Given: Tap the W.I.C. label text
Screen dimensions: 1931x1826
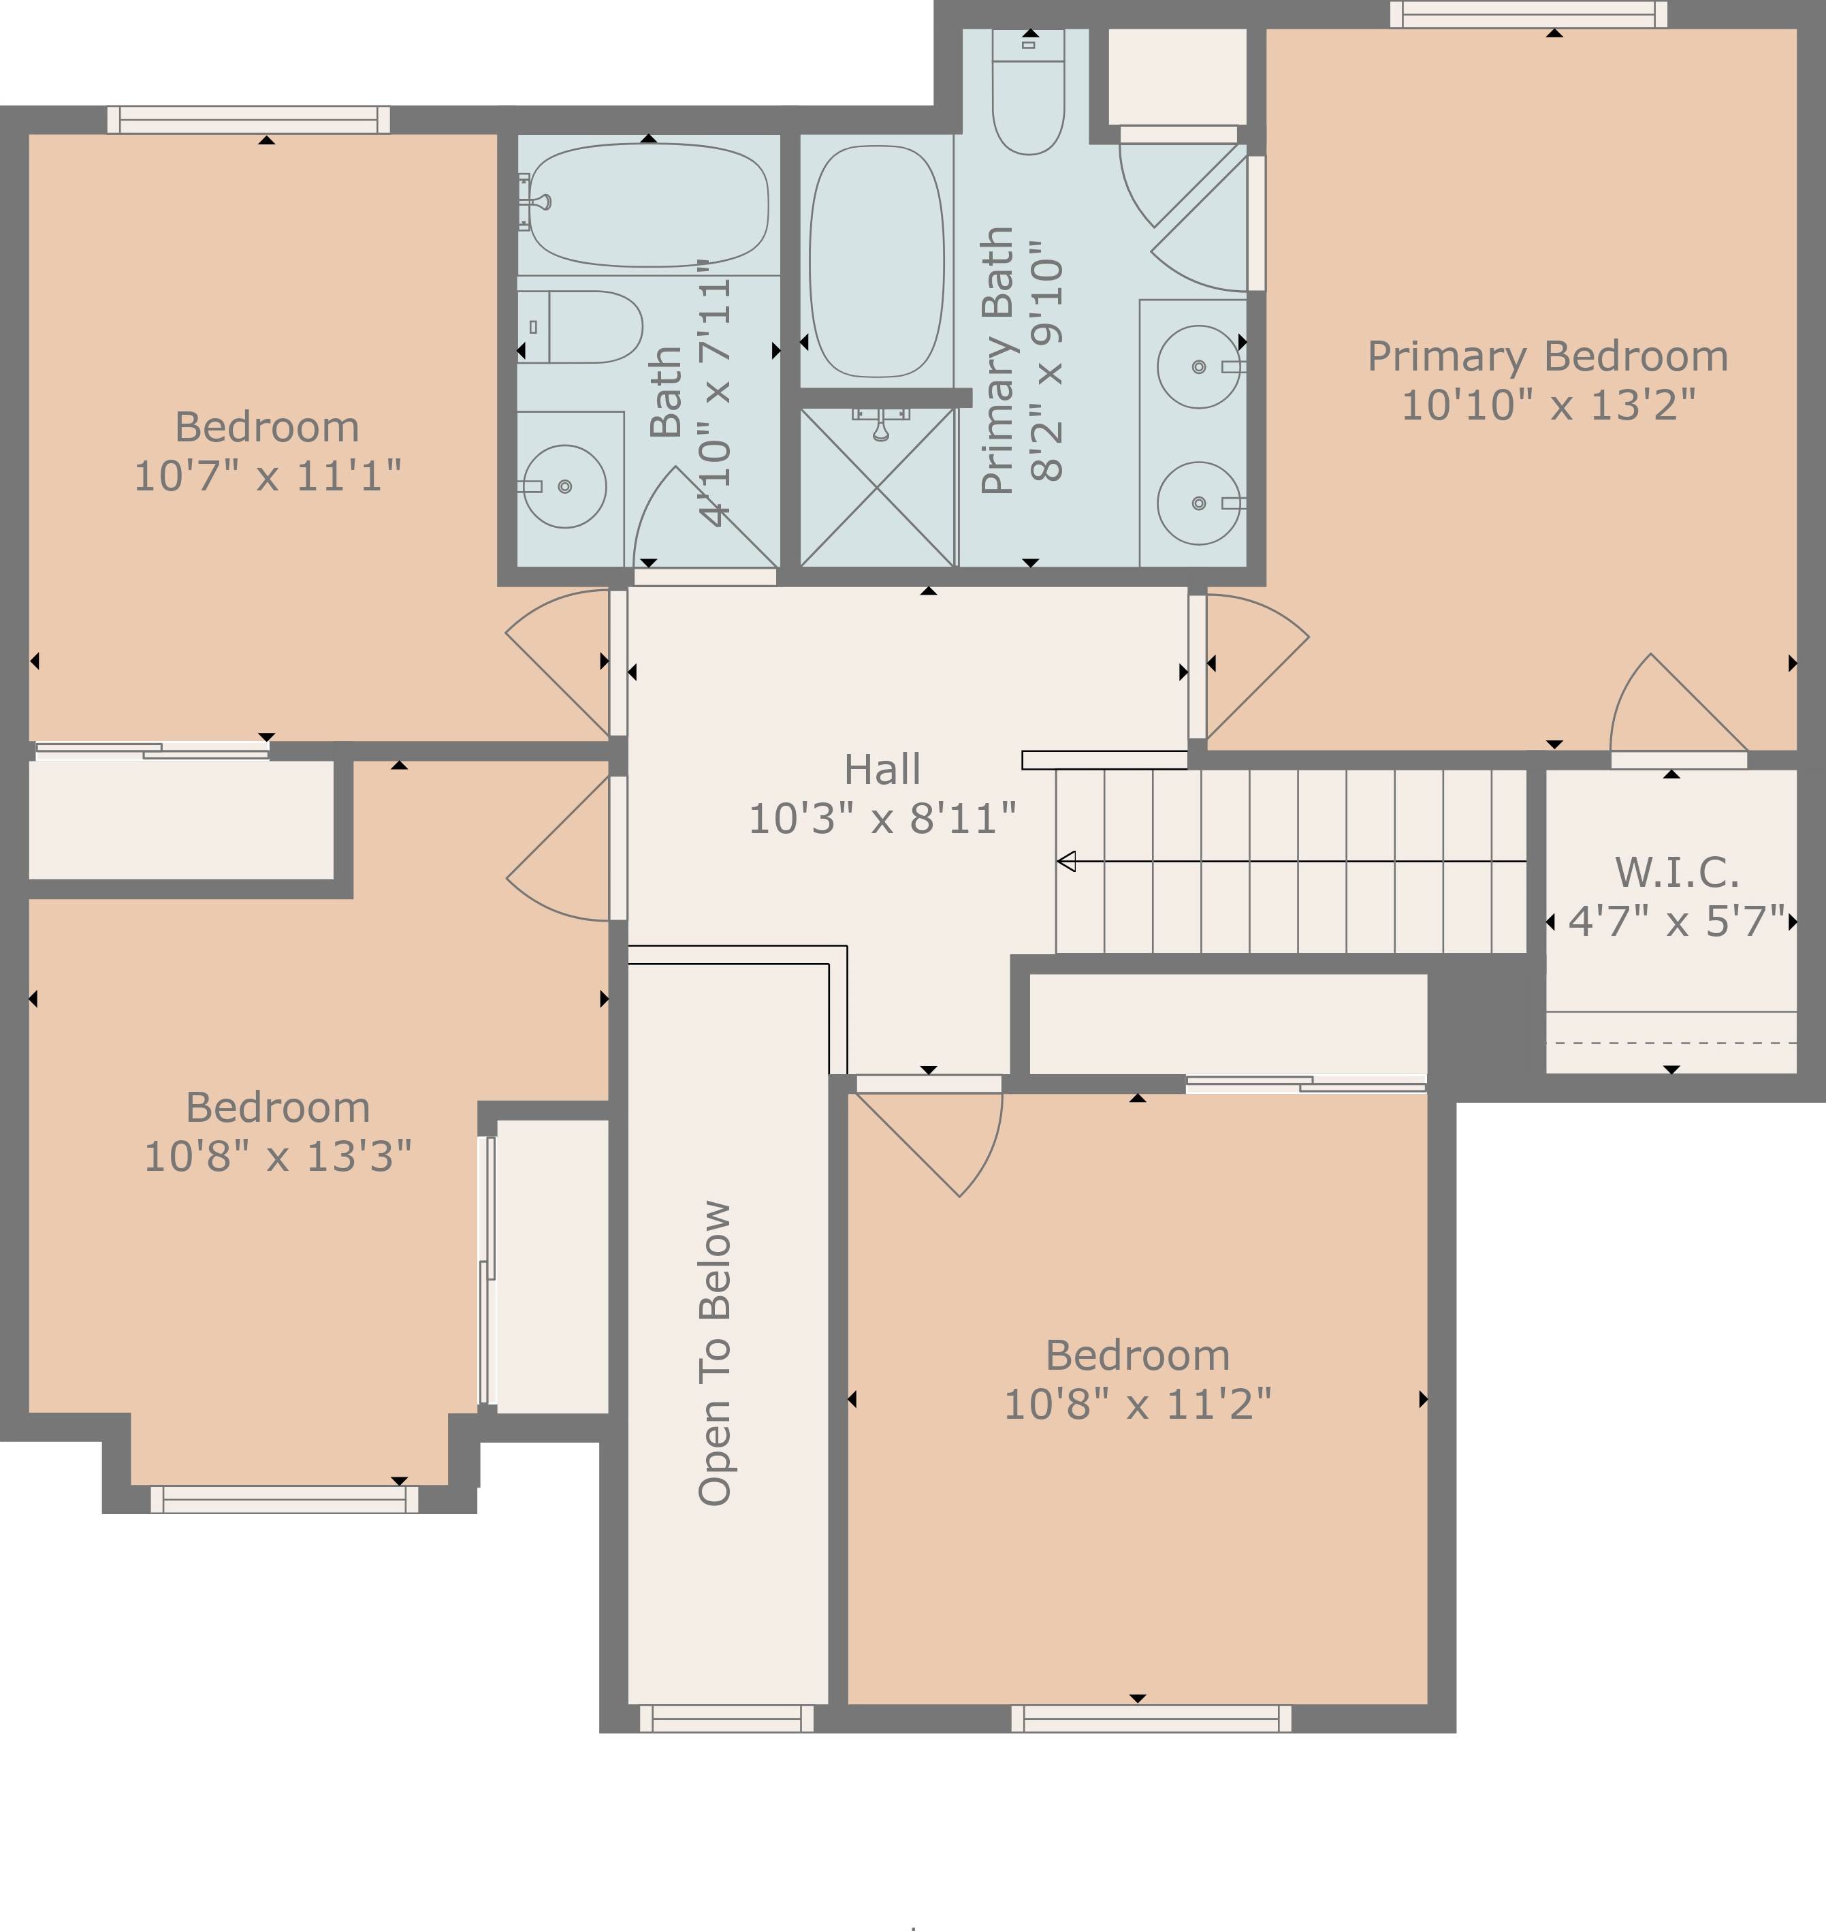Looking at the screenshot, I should tap(1676, 873).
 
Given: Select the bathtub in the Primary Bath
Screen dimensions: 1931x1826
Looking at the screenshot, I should tap(877, 261).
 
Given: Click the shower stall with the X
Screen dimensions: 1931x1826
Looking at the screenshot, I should tap(877, 487).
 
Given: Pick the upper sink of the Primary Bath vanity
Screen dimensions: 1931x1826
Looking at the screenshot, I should tap(1198, 367).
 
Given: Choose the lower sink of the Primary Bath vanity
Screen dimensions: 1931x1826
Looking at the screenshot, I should tap(1198, 503).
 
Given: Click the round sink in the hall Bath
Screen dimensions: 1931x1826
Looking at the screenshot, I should tap(564, 486).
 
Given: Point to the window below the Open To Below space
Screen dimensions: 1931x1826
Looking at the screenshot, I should tap(726, 1718).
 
